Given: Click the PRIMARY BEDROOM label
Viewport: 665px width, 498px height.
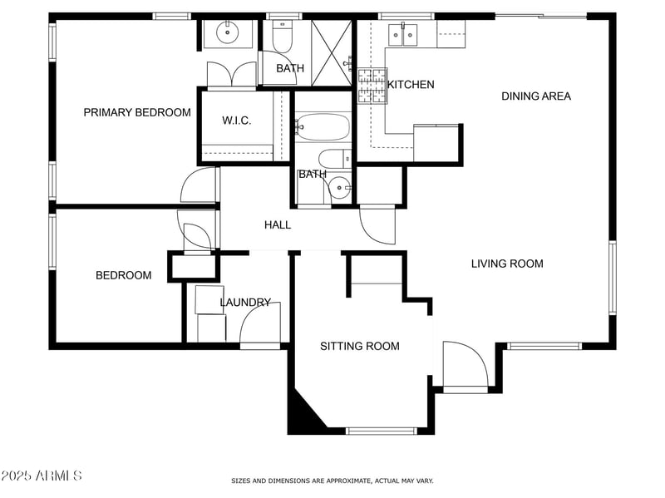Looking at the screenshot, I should tap(137, 112).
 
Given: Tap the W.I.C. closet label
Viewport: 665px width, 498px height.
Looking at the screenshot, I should tap(236, 121).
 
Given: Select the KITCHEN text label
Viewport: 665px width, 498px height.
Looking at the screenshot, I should tap(411, 85).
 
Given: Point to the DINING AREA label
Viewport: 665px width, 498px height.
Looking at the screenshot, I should tap(535, 96).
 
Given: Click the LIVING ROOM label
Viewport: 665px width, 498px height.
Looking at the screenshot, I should tap(507, 264).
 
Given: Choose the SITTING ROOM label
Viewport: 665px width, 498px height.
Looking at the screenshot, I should tap(360, 346).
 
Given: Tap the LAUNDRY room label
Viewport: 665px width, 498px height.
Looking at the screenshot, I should tap(245, 303).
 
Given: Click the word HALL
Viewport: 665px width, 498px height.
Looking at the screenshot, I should tap(278, 224).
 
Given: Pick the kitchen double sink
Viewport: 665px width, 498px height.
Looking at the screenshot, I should tap(406, 34).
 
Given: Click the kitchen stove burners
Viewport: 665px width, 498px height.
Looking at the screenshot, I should tap(373, 86).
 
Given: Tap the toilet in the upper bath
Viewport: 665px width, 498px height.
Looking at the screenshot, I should tap(281, 37).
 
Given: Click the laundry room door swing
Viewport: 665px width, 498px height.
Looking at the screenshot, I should tap(260, 323).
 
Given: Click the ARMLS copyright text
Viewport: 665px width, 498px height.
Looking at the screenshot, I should tap(42, 476).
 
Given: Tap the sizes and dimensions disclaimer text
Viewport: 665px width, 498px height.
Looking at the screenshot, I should tap(332, 481).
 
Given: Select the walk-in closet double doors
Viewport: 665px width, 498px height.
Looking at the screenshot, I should tap(231, 76).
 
